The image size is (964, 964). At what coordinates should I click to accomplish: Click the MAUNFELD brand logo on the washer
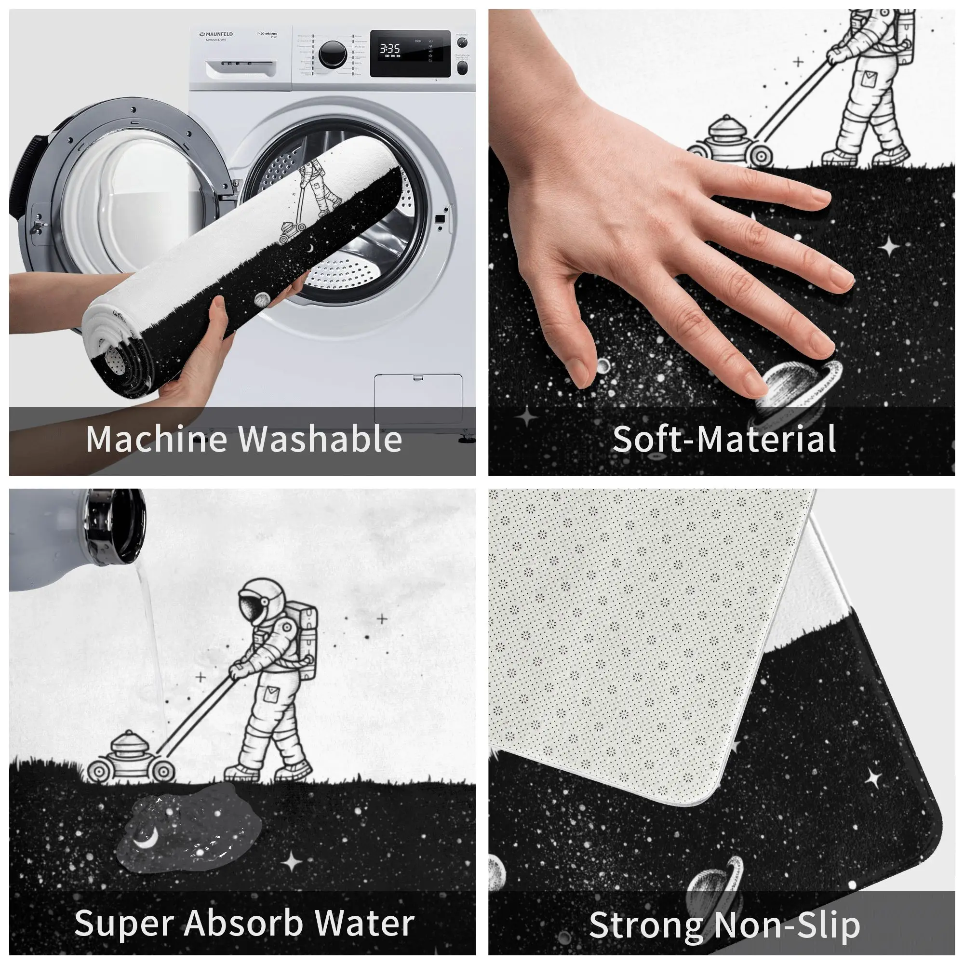coord(216,34)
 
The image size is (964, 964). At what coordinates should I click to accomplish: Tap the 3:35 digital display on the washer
coord(389,49)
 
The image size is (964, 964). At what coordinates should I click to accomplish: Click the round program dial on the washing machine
coord(332,54)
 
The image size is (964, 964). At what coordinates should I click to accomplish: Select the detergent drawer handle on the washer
coord(241,68)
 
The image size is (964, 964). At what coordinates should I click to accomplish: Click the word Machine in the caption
coord(156,439)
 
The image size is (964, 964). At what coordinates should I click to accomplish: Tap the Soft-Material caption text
coord(724,439)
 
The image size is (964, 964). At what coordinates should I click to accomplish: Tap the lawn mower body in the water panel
coord(131,758)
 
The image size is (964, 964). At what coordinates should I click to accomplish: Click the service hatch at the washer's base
coord(417,398)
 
